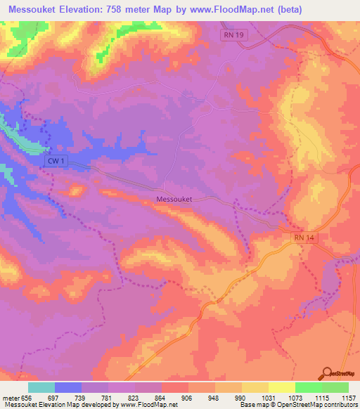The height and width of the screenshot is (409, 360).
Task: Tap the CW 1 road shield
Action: (x=55, y=161)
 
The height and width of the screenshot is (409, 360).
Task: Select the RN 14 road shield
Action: (x=304, y=238)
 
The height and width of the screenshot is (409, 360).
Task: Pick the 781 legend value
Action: (x=108, y=397)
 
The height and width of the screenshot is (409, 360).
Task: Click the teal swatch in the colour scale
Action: (x=41, y=387)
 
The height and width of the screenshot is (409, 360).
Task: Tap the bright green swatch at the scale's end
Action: (x=335, y=387)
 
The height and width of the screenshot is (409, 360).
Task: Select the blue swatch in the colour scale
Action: (x=68, y=387)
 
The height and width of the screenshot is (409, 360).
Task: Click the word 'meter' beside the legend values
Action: (x=11, y=397)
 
